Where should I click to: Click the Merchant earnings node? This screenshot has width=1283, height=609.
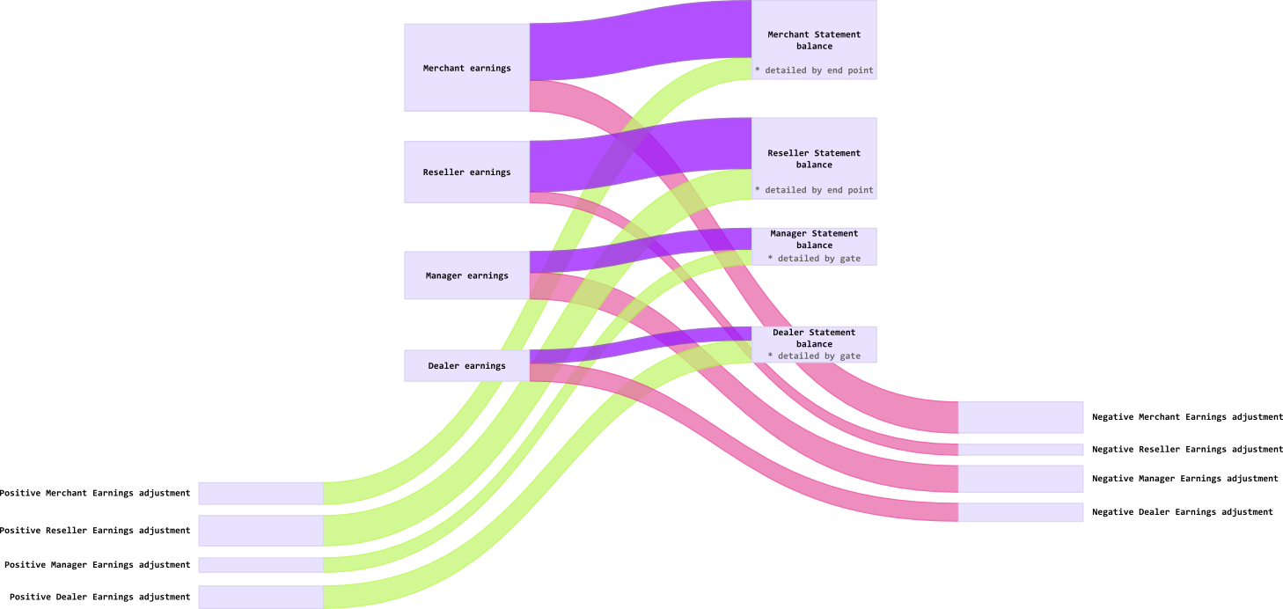(x=466, y=68)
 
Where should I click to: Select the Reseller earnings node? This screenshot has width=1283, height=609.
(x=466, y=172)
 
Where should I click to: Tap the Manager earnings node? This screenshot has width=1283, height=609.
(x=466, y=275)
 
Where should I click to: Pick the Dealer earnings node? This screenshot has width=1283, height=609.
(x=466, y=365)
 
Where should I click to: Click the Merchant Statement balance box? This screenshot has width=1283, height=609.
(x=814, y=40)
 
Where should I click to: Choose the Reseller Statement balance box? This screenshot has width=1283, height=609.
(x=814, y=158)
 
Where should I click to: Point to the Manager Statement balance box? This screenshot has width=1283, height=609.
(x=814, y=239)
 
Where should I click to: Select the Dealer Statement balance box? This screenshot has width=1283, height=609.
(x=814, y=338)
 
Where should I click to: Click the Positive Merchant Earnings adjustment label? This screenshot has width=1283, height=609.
(x=95, y=493)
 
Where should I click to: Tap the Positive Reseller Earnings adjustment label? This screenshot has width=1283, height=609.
(x=95, y=531)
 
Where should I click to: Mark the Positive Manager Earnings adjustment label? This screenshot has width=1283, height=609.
(x=97, y=564)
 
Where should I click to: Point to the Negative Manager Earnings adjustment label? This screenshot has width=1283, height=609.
(x=1184, y=479)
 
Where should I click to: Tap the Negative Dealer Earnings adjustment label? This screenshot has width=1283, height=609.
(x=1182, y=511)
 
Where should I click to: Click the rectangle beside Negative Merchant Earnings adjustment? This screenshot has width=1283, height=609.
(x=1020, y=417)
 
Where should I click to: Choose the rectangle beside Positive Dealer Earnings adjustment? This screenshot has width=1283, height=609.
(x=260, y=597)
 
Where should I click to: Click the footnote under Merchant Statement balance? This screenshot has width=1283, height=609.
(x=814, y=70)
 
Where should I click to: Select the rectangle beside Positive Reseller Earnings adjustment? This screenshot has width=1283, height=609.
(x=260, y=531)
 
